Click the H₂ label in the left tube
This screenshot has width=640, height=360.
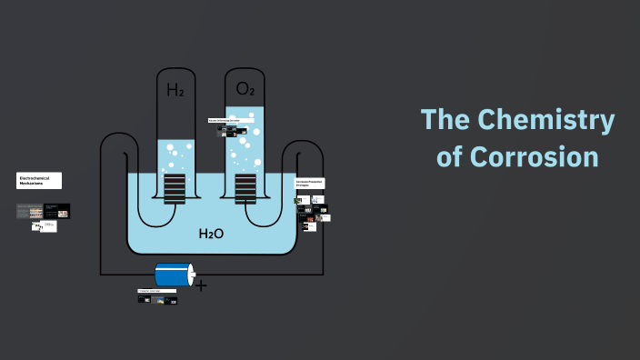pyautogui.click(x=175, y=89)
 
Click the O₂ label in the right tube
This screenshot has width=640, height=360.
pyautogui.click(x=245, y=89)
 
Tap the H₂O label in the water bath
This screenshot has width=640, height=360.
pyautogui.click(x=211, y=234)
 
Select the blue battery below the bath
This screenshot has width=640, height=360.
pyautogui.click(x=172, y=274)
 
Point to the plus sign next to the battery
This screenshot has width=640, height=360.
pyautogui.click(x=201, y=285)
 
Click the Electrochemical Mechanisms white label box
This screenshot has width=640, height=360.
pyautogui.click(x=39, y=180)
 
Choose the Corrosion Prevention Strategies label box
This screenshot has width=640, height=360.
pyautogui.click(x=309, y=184)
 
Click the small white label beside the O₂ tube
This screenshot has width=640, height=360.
pyautogui.click(x=224, y=120)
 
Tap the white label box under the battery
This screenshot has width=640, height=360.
pyautogui.click(x=150, y=291)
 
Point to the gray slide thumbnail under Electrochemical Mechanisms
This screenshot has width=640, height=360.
pyautogui.click(x=29, y=212)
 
